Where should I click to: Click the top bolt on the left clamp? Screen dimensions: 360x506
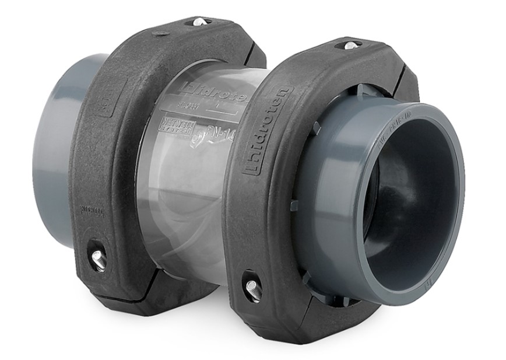[x=199, y=22]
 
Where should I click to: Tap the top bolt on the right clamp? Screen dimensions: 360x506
[x=351, y=45]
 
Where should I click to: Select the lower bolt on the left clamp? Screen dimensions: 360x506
[x=98, y=258]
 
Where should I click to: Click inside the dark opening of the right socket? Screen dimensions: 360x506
[x=408, y=193]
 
